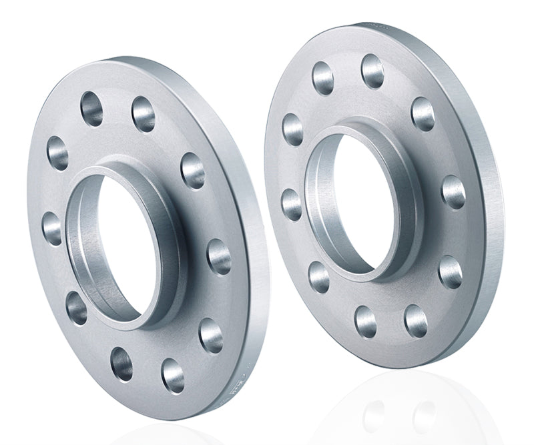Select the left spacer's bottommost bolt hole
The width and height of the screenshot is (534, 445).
(x=121, y=363)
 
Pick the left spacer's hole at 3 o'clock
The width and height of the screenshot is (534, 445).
(x=218, y=256)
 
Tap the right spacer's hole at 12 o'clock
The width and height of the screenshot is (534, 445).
(x=372, y=70)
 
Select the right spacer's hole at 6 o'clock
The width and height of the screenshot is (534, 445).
(x=366, y=322)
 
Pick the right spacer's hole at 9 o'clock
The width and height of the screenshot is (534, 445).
(x=292, y=204)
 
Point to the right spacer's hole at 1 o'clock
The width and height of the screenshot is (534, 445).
(x=423, y=113)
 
